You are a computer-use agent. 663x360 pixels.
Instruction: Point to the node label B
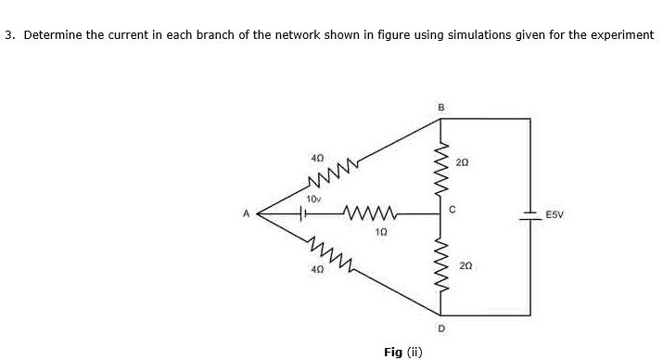tap(440, 107)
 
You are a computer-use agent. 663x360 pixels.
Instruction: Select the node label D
tap(440, 327)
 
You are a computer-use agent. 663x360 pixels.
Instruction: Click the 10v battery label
tap(313, 198)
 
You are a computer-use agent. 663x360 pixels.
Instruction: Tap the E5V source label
tap(555, 213)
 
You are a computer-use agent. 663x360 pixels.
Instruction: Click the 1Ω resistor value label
tap(381, 231)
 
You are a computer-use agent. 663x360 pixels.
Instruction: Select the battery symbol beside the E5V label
tap(530, 213)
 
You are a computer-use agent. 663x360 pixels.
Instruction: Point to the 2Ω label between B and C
tap(463, 161)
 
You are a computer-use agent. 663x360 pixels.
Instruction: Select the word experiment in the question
tap(621, 35)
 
